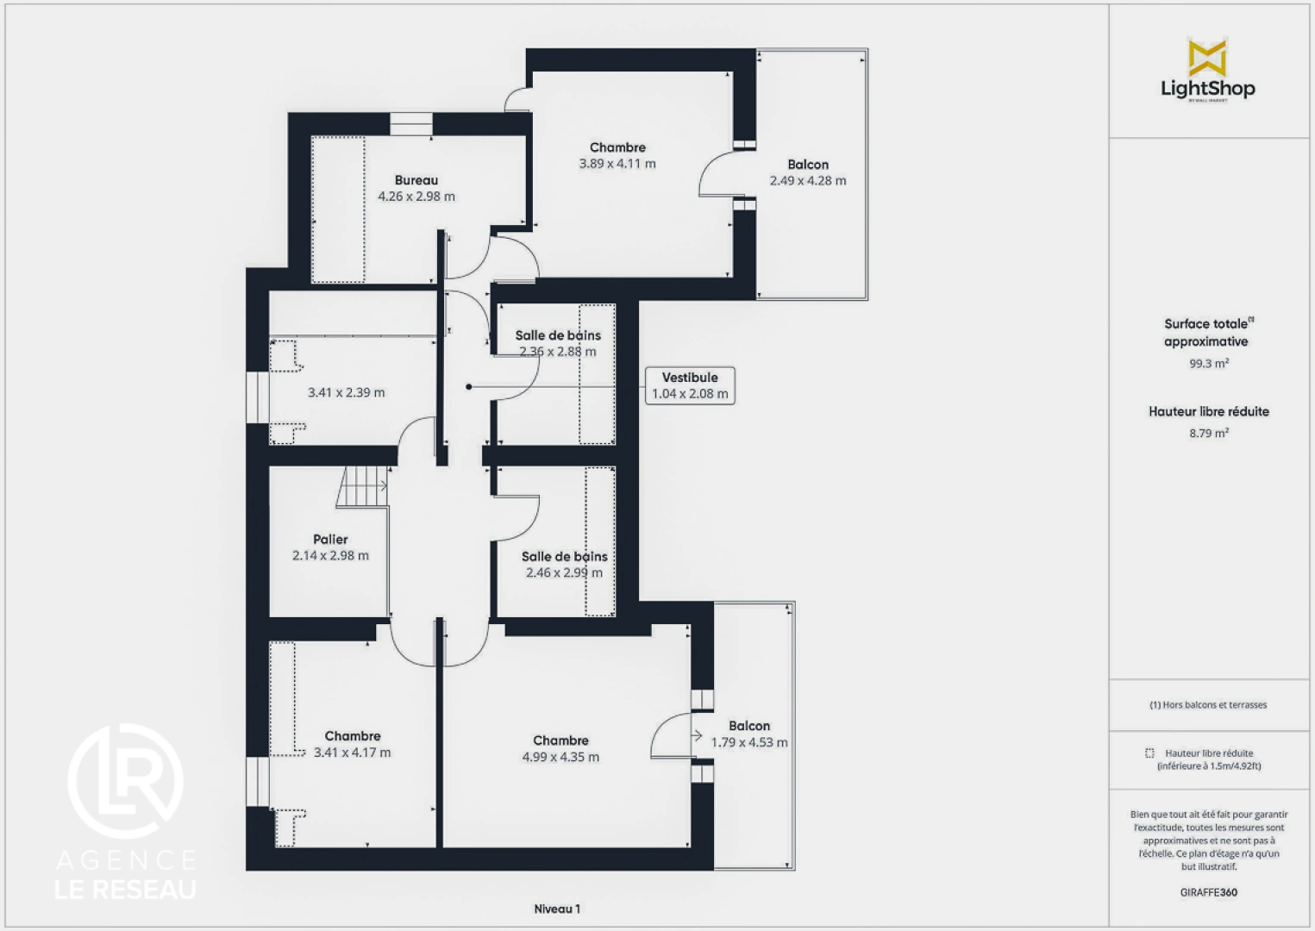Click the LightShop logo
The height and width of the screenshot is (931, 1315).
click(1207, 72)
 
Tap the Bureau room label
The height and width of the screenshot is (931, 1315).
click(416, 180)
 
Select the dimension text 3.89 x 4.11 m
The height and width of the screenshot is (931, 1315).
click(617, 164)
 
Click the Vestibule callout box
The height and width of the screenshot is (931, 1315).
click(690, 385)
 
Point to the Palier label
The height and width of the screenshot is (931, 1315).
click(330, 540)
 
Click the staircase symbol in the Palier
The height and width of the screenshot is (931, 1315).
click(363, 487)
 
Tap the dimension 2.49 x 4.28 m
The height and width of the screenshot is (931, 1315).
click(808, 181)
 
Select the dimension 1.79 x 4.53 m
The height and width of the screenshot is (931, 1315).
click(749, 742)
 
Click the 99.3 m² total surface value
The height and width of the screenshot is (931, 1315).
click(1208, 364)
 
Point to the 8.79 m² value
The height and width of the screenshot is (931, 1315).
click(1208, 434)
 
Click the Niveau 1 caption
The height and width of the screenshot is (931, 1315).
click(557, 909)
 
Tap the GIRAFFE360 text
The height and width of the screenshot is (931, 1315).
click(1208, 892)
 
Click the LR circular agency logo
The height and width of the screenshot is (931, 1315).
click(126, 781)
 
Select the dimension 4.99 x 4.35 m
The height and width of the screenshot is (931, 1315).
click(560, 757)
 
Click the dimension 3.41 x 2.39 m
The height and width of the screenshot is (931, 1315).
click(347, 393)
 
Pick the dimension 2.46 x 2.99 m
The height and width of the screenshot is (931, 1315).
click(564, 572)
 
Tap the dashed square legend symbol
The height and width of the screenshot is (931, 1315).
click(1149, 753)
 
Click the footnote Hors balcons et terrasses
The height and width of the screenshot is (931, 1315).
click(1208, 705)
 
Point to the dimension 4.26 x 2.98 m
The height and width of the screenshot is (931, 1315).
click(416, 197)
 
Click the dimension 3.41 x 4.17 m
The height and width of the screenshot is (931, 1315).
click(352, 753)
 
